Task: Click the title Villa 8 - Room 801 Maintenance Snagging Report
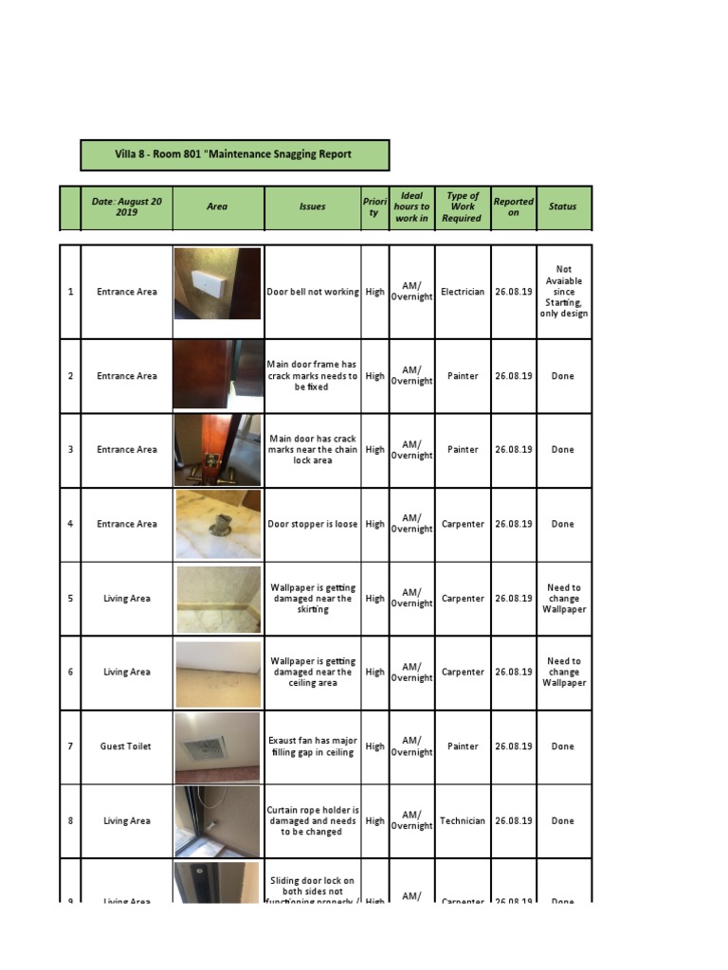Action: [x=233, y=154]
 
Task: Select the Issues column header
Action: [x=312, y=207]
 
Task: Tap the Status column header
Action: [x=562, y=207]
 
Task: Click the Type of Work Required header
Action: [x=463, y=207]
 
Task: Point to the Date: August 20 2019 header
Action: [x=127, y=207]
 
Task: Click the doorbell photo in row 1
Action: [x=217, y=283]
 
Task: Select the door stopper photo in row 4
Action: [x=217, y=524]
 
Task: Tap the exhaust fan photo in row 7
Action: [x=217, y=746]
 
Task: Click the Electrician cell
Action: [x=463, y=292]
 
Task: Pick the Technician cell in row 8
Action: [x=463, y=821]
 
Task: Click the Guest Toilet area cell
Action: [x=127, y=746]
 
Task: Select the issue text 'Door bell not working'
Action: [x=313, y=292]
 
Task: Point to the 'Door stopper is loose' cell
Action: [x=313, y=524]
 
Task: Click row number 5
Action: [x=70, y=599]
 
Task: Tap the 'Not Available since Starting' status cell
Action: [x=563, y=292]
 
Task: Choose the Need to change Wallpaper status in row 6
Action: [x=563, y=672]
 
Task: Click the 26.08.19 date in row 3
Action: [x=513, y=450]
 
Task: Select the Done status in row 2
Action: [x=563, y=376]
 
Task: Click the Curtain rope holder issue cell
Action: [x=313, y=821]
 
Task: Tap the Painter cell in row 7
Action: [x=463, y=746]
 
